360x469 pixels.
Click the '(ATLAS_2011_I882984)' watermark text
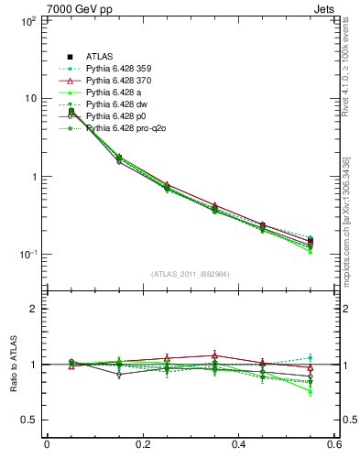[x=191, y=274]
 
